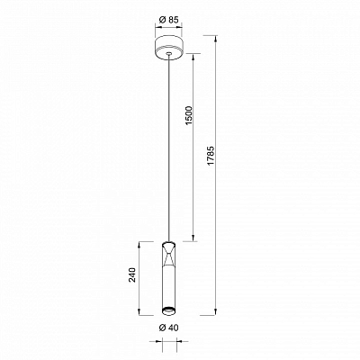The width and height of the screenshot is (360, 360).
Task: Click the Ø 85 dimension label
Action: point(169,20)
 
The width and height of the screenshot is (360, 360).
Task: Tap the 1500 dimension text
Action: point(188,115)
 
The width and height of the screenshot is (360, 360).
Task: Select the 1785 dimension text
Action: point(211,156)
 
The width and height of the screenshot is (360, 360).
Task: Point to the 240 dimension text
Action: point(132,274)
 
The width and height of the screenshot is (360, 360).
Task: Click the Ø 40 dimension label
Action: point(168,328)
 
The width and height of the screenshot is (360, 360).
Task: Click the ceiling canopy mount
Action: point(168,48)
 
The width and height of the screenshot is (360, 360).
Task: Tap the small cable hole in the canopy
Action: point(169,54)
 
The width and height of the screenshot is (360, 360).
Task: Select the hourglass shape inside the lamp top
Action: point(168,255)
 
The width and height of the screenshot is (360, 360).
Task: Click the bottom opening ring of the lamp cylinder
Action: point(168,311)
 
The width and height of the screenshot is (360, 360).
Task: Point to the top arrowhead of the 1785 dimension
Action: point(216,39)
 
